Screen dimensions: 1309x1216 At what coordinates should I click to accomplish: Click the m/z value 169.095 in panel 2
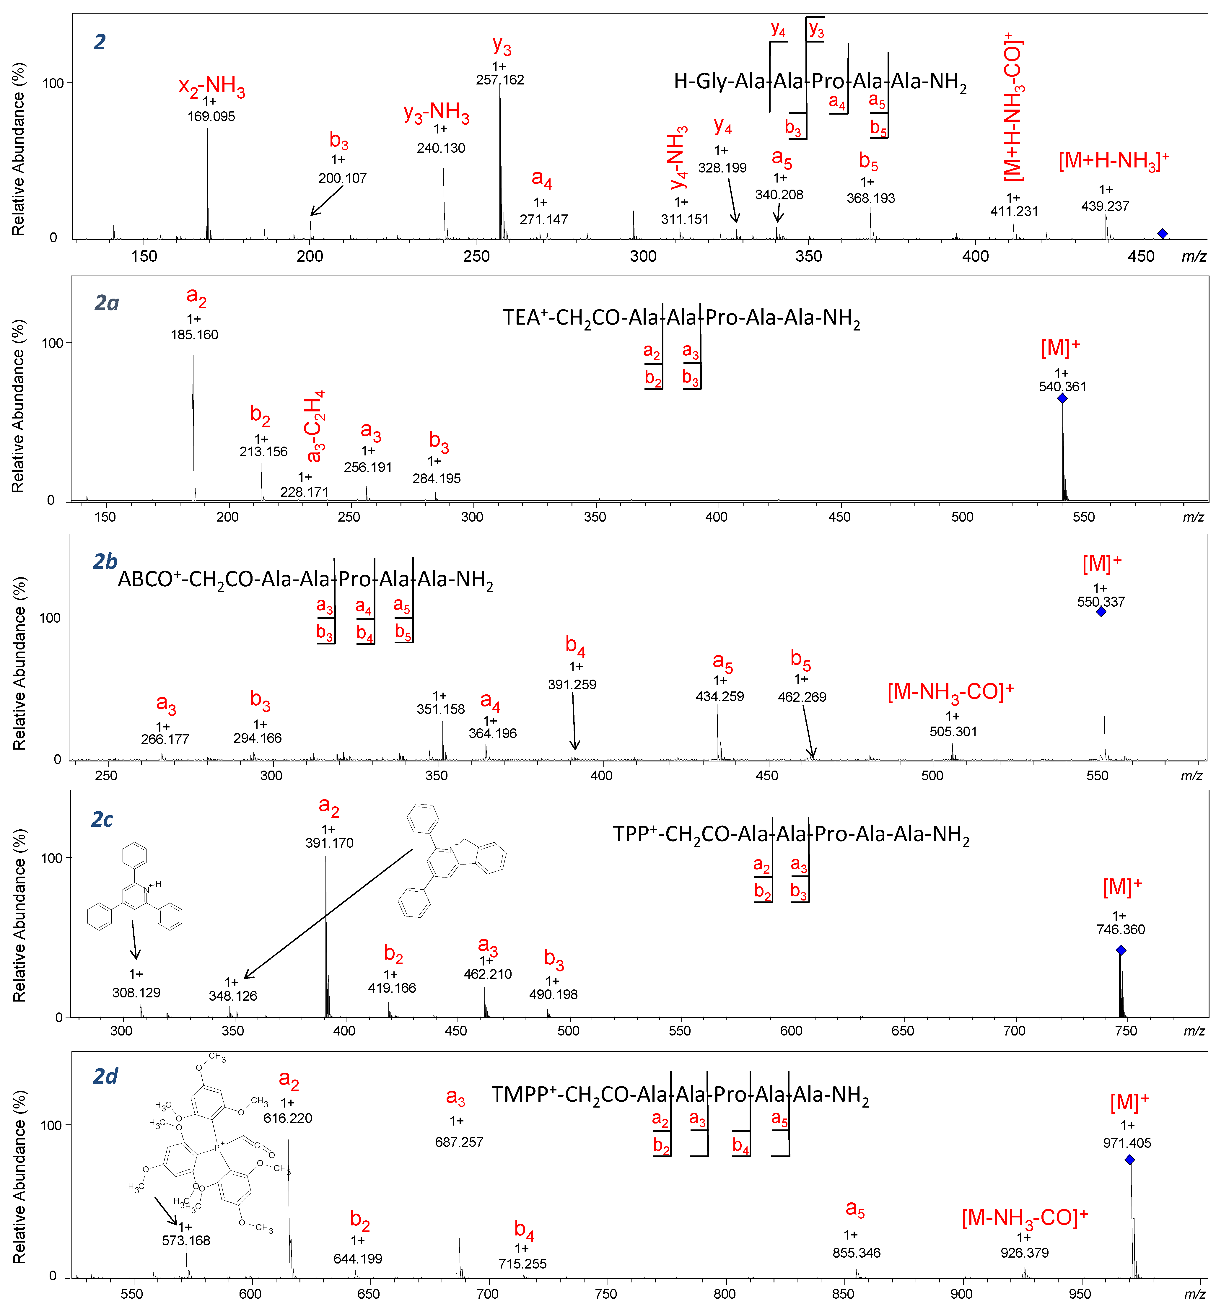[x=211, y=116]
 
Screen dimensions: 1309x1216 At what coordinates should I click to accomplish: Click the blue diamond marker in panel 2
[x=1163, y=234]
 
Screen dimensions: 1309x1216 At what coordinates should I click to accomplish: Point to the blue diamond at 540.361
[x=1062, y=398]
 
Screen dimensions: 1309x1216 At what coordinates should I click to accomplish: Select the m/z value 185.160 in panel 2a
[x=195, y=335]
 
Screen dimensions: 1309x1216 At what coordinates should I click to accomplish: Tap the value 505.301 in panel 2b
[x=953, y=732]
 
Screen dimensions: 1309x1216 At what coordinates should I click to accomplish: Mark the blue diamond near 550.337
[x=1101, y=612]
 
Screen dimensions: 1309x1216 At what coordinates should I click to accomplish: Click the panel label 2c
[x=102, y=820]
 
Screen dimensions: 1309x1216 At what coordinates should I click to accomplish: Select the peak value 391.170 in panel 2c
[x=329, y=843]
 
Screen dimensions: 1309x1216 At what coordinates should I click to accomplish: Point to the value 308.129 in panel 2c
[x=136, y=992]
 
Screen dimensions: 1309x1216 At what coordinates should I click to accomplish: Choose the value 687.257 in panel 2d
[x=459, y=1142]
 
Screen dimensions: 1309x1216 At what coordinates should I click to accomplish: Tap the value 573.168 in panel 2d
[x=186, y=1240]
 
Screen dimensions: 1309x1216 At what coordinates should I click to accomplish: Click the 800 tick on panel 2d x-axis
[x=725, y=1294]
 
